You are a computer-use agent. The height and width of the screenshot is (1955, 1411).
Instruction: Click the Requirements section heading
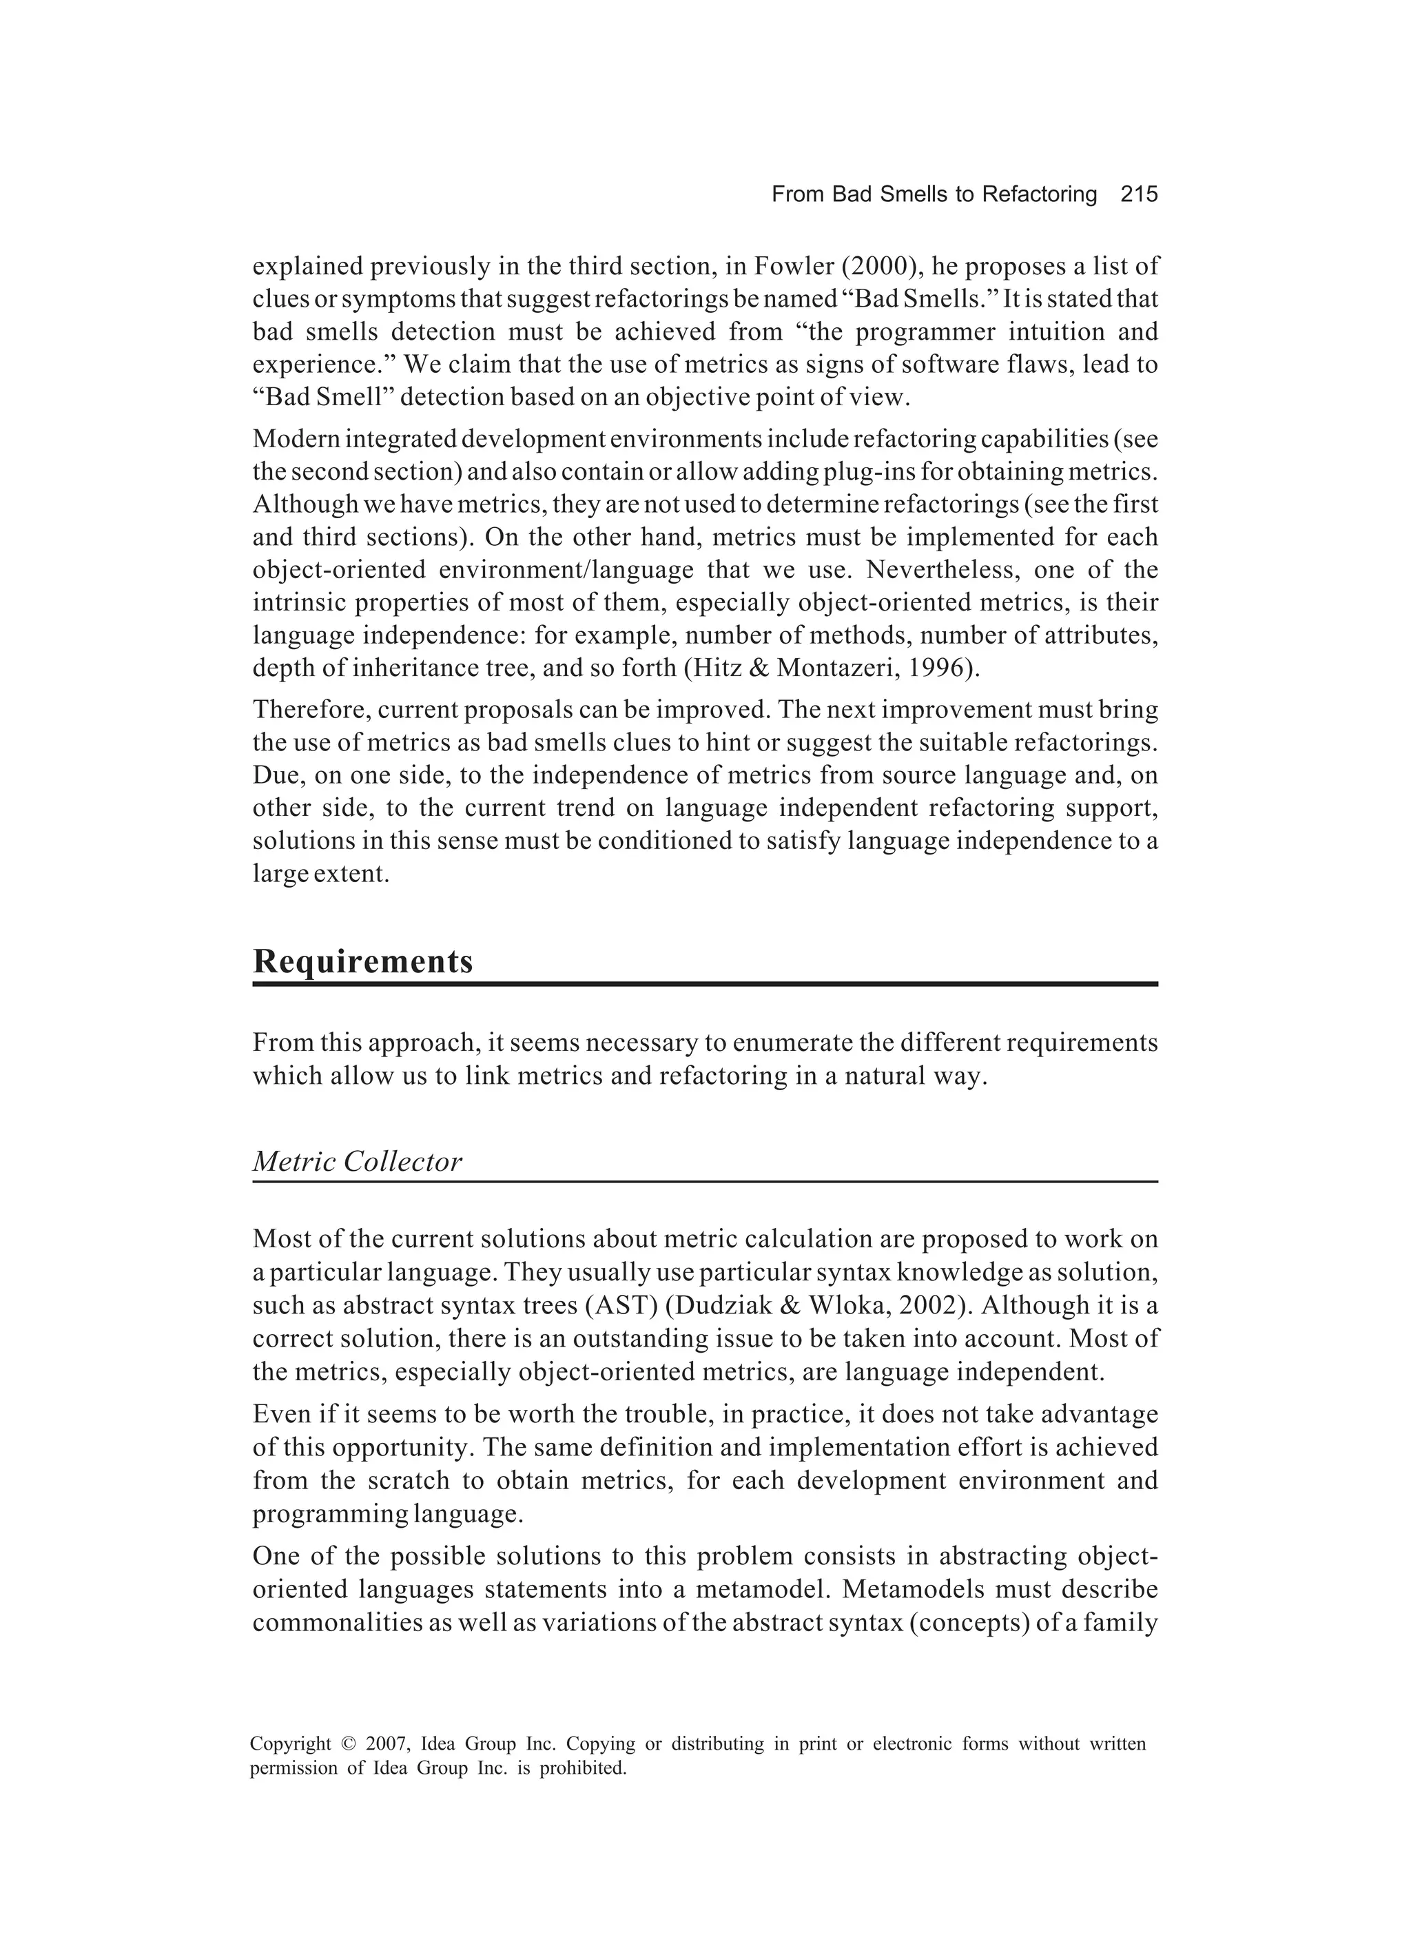pos(363,961)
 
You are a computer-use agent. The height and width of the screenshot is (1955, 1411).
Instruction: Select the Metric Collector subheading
pos(357,1162)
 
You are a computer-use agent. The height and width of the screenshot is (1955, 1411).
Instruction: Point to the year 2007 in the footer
pos(385,1745)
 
